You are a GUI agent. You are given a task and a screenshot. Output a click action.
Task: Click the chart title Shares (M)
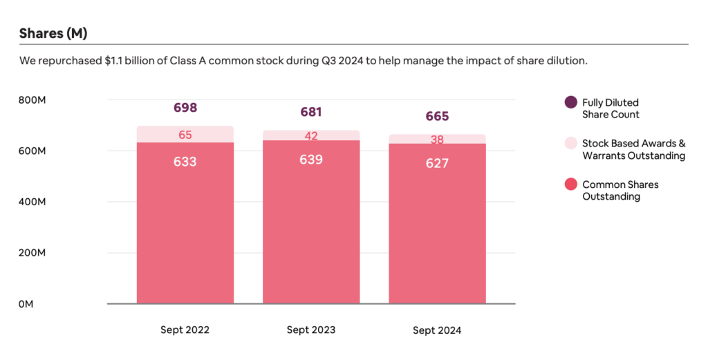click(x=53, y=33)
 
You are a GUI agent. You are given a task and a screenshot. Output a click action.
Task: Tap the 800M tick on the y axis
click(x=32, y=100)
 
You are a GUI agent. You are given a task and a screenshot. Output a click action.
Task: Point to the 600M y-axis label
click(x=32, y=151)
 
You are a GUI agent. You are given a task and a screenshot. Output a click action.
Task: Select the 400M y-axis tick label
click(x=32, y=202)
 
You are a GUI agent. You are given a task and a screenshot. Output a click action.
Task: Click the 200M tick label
click(x=32, y=253)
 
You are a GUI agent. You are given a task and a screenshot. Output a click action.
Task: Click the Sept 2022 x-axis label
click(x=185, y=330)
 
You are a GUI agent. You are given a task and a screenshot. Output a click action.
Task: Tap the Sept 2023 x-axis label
click(x=311, y=330)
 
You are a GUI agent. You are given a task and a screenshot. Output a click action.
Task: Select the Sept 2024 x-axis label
click(x=437, y=330)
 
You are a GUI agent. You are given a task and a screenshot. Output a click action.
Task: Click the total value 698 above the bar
click(x=185, y=108)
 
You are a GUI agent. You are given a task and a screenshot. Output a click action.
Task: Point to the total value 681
click(x=311, y=112)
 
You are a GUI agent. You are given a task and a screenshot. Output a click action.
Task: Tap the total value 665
click(x=437, y=116)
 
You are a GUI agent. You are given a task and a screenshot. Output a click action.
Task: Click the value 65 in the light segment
click(x=185, y=135)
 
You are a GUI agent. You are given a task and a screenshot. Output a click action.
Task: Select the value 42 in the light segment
click(x=311, y=136)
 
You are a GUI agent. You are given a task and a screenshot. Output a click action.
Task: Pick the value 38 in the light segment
click(x=437, y=140)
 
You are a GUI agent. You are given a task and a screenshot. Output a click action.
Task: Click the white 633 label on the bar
click(x=185, y=162)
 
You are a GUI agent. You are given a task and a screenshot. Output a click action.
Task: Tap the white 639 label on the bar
click(x=311, y=160)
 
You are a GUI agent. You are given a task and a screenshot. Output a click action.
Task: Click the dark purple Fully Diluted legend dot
click(x=571, y=102)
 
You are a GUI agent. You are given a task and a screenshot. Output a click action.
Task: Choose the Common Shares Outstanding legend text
click(x=620, y=191)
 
